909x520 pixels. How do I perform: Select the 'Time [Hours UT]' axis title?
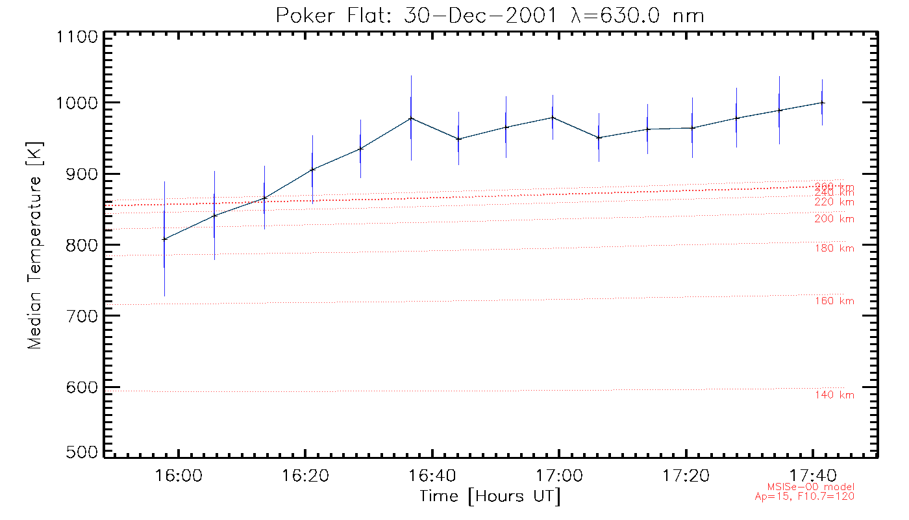tap(490, 497)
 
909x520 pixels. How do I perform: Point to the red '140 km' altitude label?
tap(834, 395)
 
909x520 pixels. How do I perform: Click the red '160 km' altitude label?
tap(834, 301)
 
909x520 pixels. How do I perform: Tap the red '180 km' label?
tap(834, 248)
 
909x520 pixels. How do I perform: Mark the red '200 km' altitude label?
tap(834, 219)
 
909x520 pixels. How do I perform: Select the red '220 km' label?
tap(834, 202)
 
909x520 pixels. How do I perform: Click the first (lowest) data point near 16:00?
tap(164, 239)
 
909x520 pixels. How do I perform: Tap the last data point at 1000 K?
tap(823, 103)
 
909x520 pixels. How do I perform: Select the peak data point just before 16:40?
tap(411, 118)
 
